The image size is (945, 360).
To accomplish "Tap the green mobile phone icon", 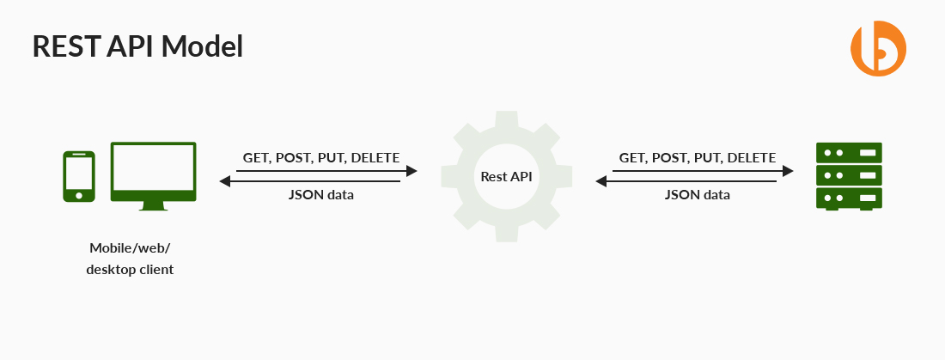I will [x=79, y=177].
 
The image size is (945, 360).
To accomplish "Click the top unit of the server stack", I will [x=849, y=153].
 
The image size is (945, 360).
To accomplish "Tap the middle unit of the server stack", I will [x=849, y=176].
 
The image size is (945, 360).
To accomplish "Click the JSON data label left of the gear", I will [x=320, y=195].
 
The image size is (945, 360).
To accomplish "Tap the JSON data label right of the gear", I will [x=697, y=195].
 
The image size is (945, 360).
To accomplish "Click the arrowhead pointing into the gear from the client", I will [x=412, y=171].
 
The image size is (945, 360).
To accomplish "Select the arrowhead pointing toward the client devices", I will [x=225, y=181].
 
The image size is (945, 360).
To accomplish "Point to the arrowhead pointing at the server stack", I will [x=787, y=171].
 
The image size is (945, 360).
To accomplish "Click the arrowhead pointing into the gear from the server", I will [x=601, y=181].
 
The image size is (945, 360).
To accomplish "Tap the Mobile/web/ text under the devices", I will [x=130, y=248].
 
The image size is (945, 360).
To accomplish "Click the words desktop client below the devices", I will [x=130, y=269].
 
